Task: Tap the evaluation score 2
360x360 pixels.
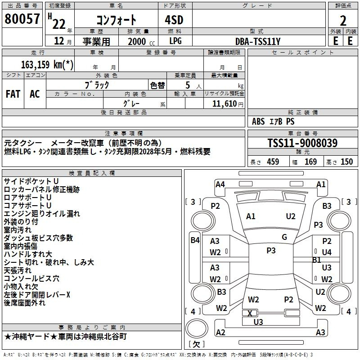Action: point(343,20)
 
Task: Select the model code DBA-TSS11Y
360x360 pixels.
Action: point(258,41)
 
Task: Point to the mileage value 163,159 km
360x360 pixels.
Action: point(47,64)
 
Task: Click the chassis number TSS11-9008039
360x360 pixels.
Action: point(302,143)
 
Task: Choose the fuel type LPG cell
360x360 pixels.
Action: point(175,41)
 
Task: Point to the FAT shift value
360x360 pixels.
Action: point(13,94)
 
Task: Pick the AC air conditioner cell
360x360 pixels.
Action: point(35,94)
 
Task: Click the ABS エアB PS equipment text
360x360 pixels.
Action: point(273,121)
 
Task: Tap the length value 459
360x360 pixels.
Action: point(273,162)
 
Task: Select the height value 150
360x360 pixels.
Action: point(346,162)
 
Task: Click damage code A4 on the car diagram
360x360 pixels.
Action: point(220,184)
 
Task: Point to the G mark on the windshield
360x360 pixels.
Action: point(284,237)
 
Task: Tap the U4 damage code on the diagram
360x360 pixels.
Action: point(327,252)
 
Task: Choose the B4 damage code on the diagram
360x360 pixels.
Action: point(194,240)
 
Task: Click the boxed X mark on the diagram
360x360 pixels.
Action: point(250,313)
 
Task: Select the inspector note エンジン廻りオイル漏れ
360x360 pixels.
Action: point(42,214)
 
